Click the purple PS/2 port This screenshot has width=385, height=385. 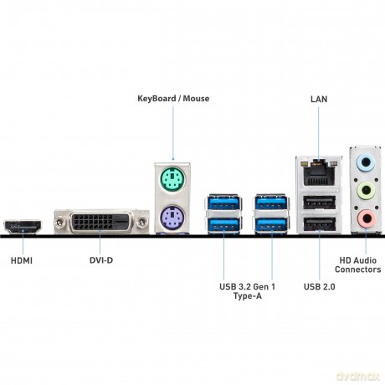click(x=172, y=221)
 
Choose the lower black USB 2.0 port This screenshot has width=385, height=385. click(x=319, y=223)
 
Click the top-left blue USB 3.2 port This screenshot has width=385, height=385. click(x=223, y=203)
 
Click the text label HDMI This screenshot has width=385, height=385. click(x=23, y=260)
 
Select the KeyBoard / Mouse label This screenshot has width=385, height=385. click(x=173, y=98)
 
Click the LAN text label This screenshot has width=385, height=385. click(x=319, y=98)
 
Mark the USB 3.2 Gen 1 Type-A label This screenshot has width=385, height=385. click(x=246, y=292)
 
